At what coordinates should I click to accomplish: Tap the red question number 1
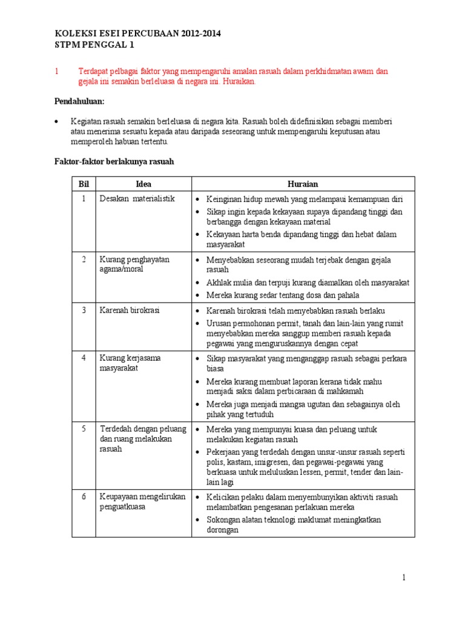(x=56, y=71)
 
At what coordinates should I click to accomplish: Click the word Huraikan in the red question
(x=240, y=81)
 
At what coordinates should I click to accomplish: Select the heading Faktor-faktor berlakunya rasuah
(x=115, y=162)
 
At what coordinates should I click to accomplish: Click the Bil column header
(x=84, y=184)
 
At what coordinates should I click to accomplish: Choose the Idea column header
(x=143, y=184)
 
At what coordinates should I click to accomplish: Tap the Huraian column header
(x=303, y=184)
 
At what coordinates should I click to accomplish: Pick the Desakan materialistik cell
(x=137, y=199)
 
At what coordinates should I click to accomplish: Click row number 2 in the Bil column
(x=84, y=259)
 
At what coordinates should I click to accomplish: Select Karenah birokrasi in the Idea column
(x=130, y=310)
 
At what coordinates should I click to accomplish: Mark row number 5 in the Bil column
(x=84, y=429)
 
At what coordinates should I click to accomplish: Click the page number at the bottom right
(x=404, y=578)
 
